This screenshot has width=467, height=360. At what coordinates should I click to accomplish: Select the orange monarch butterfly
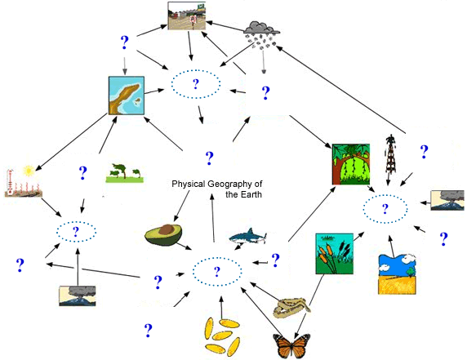(x=291, y=345)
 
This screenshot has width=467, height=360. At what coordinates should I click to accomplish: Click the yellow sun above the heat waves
(x=29, y=171)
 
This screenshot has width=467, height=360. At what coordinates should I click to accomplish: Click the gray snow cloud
(x=262, y=28)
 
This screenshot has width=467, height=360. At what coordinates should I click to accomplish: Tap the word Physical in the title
(x=189, y=184)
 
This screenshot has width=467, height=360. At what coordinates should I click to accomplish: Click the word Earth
(x=251, y=194)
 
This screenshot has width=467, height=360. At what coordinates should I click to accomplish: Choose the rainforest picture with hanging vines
(x=351, y=164)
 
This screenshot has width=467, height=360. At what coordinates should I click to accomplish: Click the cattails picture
(x=335, y=254)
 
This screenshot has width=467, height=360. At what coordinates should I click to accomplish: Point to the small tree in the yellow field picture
(x=411, y=272)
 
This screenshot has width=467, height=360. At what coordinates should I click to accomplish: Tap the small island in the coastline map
(x=138, y=102)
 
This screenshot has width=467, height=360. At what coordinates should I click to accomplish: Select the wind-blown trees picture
(x=125, y=173)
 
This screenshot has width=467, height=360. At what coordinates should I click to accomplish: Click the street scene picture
(x=187, y=16)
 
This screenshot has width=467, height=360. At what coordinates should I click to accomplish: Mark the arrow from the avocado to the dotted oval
(x=184, y=247)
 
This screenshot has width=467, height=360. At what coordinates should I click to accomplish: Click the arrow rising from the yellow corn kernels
(x=221, y=307)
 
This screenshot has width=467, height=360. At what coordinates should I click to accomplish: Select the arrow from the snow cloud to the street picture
(x=225, y=26)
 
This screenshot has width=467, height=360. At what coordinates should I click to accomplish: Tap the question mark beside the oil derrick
(x=424, y=152)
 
